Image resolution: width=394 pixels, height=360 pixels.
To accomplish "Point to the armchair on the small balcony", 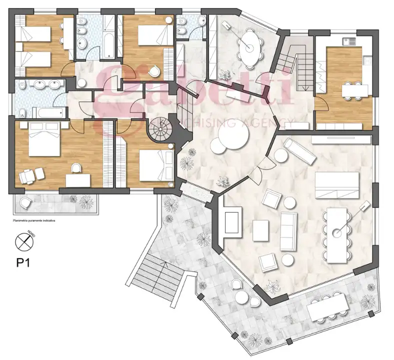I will click(x=25, y=202).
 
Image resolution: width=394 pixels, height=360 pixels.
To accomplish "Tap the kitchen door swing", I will click(x=322, y=104).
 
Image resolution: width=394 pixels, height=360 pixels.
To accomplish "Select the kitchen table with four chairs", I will click(x=354, y=90).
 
